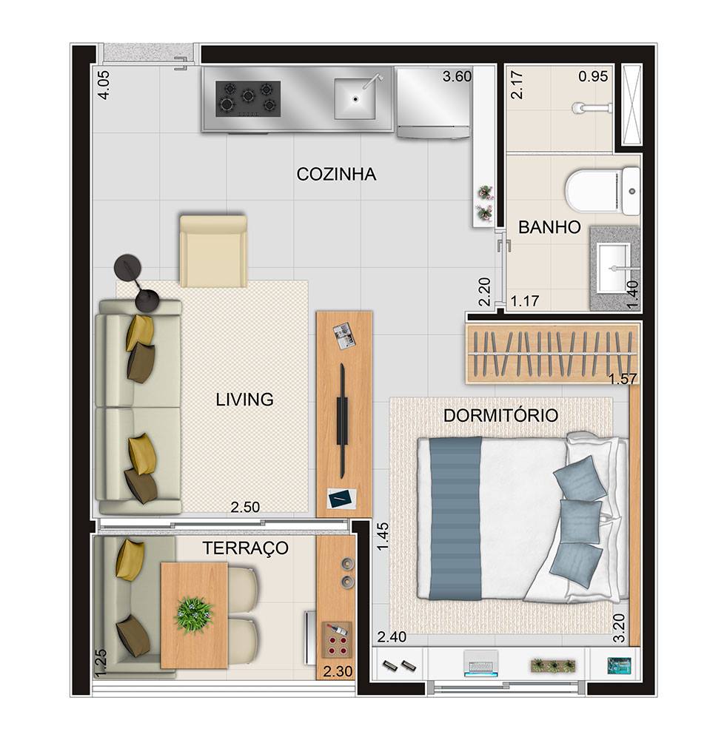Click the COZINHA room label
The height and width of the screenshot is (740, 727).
[x=336, y=174]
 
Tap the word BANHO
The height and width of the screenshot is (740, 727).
[x=549, y=227]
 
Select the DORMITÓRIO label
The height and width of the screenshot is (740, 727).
[x=501, y=415]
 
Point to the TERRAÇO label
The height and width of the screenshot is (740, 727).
[x=246, y=548]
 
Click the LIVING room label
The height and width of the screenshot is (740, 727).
[x=244, y=400]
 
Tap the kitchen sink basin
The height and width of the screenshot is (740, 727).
[x=355, y=98]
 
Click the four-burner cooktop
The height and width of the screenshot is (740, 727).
[x=248, y=98]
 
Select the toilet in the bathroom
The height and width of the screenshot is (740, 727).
[x=603, y=191]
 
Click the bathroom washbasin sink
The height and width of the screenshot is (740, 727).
[x=612, y=268]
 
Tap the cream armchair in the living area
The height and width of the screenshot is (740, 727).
[x=213, y=251]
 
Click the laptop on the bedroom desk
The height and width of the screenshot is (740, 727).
[x=481, y=663]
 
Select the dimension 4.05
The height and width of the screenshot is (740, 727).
[x=104, y=85]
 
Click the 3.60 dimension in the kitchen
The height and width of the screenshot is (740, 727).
[x=457, y=76]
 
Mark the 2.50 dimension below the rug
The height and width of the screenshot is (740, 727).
[x=245, y=507]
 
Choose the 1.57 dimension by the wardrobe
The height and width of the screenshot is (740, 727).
[x=623, y=378]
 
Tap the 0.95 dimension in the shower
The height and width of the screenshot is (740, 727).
[x=594, y=76]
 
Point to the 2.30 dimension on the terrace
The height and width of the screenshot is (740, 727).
[x=338, y=670]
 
